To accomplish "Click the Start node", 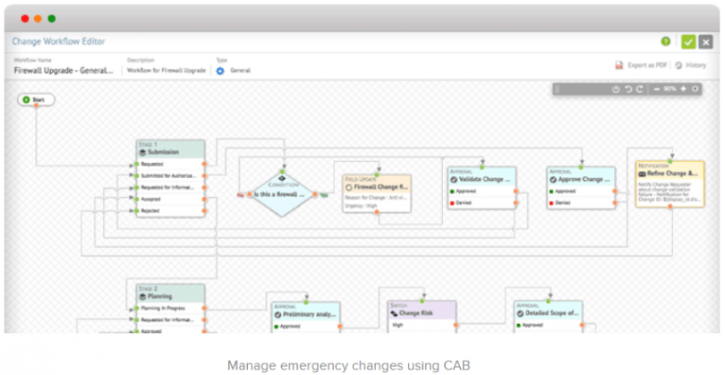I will coord(37,98).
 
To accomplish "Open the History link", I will coord(691,65).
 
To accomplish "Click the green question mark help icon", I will coord(665,41).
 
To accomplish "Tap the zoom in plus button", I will coord(683,89).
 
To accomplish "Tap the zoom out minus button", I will coord(658,89).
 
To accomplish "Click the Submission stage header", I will coord(169,152).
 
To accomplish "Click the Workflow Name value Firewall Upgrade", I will coord(64,70).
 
